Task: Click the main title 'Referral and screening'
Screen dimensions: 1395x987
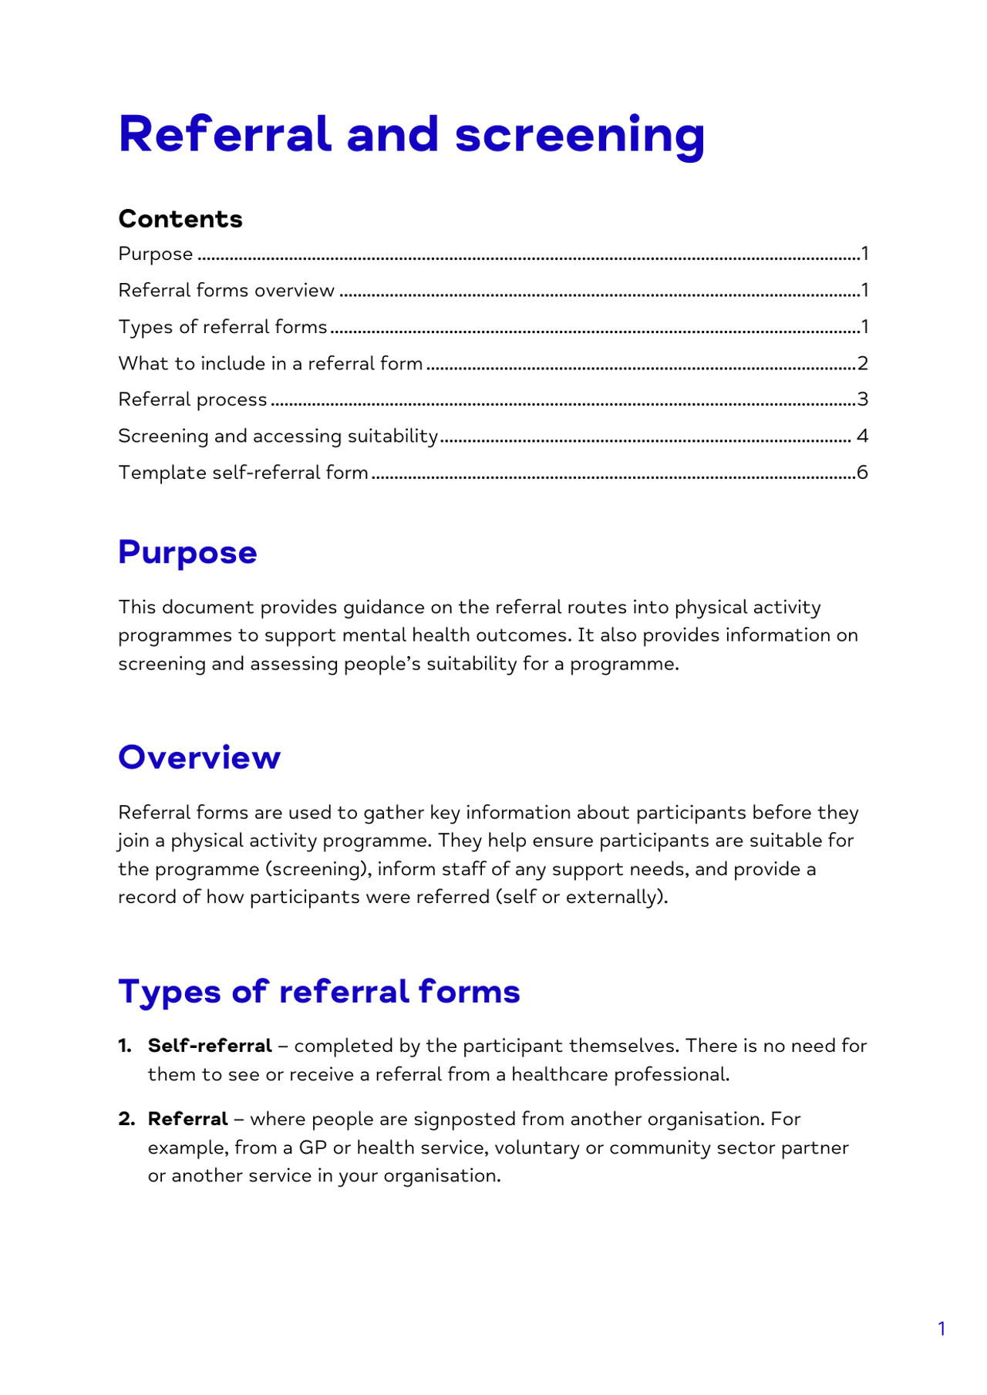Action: pyautogui.click(x=411, y=135)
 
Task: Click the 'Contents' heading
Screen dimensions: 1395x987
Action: pyautogui.click(x=180, y=219)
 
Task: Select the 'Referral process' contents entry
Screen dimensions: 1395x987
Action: pyautogui.click(x=193, y=399)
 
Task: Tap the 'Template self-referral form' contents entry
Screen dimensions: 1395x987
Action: pyautogui.click(x=243, y=472)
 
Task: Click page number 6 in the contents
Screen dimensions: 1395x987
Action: pyautogui.click(x=862, y=472)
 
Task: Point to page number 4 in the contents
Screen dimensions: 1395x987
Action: pyautogui.click(x=862, y=436)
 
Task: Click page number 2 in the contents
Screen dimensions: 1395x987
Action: pyautogui.click(x=863, y=363)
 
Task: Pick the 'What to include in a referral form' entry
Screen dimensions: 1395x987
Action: pyautogui.click(x=270, y=363)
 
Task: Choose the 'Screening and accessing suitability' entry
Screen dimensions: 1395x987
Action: pyautogui.click(x=278, y=436)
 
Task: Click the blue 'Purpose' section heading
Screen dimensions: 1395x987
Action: pyautogui.click(x=187, y=553)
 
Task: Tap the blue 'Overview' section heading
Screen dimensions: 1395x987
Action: pyautogui.click(x=199, y=757)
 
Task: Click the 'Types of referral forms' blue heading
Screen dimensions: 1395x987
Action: pyautogui.click(x=319, y=992)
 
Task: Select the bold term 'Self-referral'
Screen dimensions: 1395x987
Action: pyautogui.click(x=210, y=1046)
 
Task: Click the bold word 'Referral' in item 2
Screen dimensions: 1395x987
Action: pyautogui.click(x=187, y=1119)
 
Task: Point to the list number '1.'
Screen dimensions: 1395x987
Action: pyautogui.click(x=125, y=1046)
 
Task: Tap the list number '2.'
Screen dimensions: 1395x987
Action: pyautogui.click(x=126, y=1119)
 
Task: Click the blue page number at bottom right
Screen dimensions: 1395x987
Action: pyautogui.click(x=942, y=1329)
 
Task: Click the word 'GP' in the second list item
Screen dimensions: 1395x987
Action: pyautogui.click(x=312, y=1147)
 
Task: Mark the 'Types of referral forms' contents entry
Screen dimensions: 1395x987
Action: pyautogui.click(x=223, y=327)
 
